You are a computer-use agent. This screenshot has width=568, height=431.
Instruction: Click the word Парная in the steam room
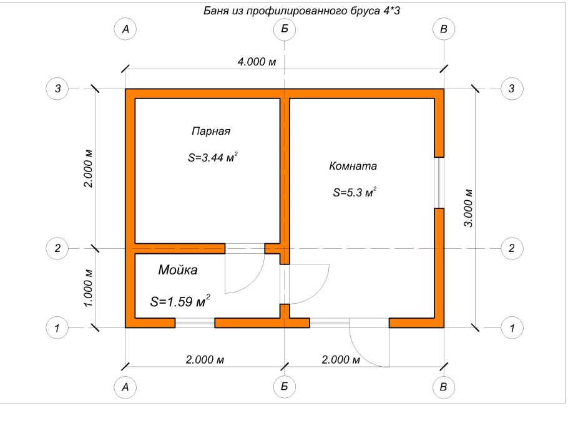(211, 132)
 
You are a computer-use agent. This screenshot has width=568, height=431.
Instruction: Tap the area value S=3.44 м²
(212, 158)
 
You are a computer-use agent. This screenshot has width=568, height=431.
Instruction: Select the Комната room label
(353, 167)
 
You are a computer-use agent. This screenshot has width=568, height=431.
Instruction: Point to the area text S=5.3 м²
(353, 193)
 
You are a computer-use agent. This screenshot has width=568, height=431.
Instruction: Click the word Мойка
(177, 270)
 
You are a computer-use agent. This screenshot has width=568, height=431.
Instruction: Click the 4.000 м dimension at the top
(256, 62)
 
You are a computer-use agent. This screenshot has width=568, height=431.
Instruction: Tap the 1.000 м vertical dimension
(88, 287)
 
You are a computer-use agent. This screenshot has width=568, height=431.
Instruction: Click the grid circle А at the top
(125, 29)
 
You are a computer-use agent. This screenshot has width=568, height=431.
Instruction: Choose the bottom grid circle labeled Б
(285, 387)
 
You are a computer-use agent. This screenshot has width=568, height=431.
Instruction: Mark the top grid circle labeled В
(444, 29)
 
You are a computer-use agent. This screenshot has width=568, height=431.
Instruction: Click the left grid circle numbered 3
(57, 89)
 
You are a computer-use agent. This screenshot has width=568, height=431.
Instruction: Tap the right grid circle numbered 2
(512, 248)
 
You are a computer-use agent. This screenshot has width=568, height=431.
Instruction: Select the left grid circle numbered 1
(57, 327)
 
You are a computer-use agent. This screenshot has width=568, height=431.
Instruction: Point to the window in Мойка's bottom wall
(195, 322)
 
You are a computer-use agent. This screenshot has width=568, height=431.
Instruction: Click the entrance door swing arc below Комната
(368, 346)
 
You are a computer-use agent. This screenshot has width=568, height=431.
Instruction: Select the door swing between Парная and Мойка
(245, 271)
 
